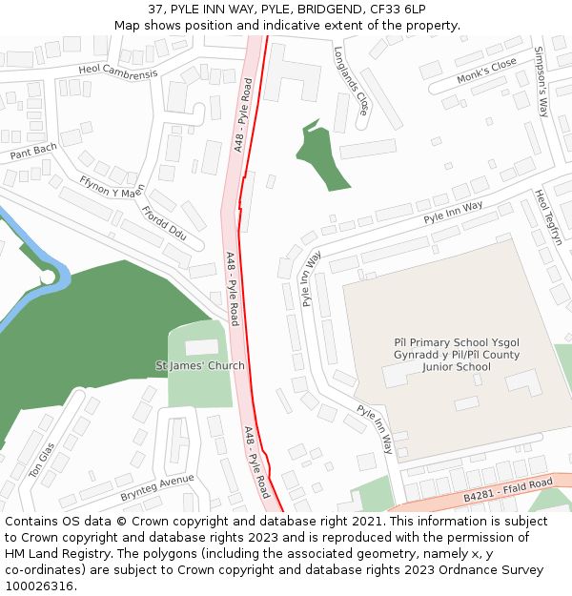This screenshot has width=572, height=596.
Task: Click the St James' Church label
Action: [x=200, y=365]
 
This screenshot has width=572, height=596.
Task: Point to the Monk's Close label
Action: [x=486, y=70]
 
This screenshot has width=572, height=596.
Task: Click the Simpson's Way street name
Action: [x=541, y=81]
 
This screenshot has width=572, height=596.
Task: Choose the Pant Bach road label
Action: [x=34, y=151]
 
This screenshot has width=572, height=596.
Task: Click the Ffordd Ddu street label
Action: [x=164, y=222]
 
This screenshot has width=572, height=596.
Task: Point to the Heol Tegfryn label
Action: [x=549, y=217]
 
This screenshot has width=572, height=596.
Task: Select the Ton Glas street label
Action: [x=42, y=459]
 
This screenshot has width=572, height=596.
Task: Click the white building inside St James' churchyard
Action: [x=201, y=347]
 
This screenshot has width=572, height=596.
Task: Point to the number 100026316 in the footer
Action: [x=38, y=586]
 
